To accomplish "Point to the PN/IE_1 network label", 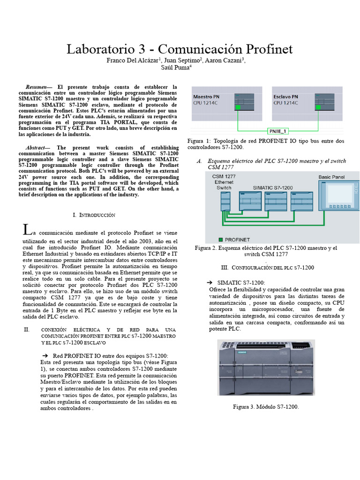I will pyautogui.click(x=278, y=131).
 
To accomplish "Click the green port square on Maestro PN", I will pyautogui.click(x=239, y=107).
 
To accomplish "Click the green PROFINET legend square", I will pyautogui.click(x=221, y=239).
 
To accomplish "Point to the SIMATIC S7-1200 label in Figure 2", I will pyautogui.click(x=272, y=187).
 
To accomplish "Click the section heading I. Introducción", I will pyautogui.click(x=94, y=215).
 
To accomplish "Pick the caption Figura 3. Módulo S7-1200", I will pyautogui.click(x=266, y=407).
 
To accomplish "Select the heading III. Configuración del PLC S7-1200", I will pyautogui.click(x=267, y=267).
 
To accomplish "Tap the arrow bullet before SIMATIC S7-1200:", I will pyautogui.click(x=210, y=283).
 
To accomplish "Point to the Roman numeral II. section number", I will pyautogui.click(x=27, y=330).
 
